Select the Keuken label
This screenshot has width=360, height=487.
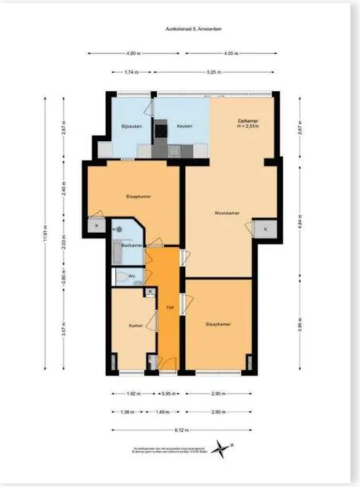click(x=184, y=125)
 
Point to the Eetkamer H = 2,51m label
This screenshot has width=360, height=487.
click(x=249, y=124)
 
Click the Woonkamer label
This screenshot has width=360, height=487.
click(x=227, y=213)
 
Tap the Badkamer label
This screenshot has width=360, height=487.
click(x=133, y=246)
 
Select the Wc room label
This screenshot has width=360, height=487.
click(x=132, y=276)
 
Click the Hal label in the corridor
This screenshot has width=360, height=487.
click(x=169, y=307)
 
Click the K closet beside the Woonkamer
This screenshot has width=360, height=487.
click(x=266, y=228)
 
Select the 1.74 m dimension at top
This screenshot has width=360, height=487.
click(x=131, y=71)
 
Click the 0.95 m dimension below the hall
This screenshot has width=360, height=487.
click(x=168, y=394)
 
